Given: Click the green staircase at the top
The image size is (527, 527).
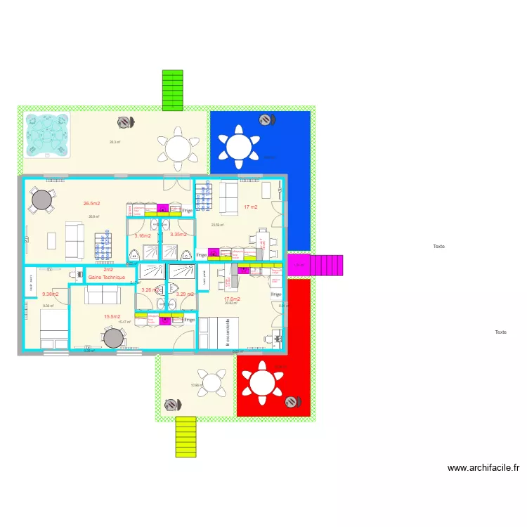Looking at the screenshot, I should [172, 90].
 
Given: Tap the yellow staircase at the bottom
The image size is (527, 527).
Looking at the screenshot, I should [186, 436].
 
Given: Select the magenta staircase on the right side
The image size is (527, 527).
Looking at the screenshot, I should [325, 265].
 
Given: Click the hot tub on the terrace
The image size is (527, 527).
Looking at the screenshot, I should [48, 135].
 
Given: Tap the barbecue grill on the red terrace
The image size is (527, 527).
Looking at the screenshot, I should [291, 402].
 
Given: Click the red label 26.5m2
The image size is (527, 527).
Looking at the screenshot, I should [91, 204].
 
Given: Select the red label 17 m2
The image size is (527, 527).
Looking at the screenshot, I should [250, 207].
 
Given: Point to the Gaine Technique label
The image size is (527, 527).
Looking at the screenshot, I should [107, 278].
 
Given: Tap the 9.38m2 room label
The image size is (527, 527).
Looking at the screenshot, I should [50, 294].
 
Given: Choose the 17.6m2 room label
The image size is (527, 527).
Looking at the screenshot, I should [232, 299].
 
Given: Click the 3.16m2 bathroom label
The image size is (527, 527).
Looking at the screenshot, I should [143, 236].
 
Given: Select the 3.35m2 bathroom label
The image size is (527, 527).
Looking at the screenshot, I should [178, 235].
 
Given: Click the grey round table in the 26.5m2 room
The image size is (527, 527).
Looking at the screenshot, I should [41, 200].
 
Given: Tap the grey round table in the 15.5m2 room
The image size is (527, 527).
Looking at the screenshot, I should [113, 339].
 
